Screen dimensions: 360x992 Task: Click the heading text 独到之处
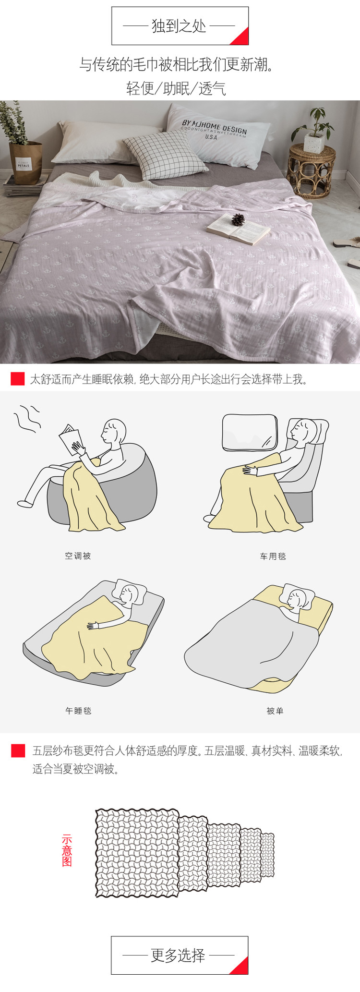[x=179, y=26]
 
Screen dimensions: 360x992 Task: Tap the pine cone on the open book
[x=238, y=219]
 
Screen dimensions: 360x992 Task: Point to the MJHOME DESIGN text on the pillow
[x=214, y=127]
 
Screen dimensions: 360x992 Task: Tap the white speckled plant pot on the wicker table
[x=314, y=143]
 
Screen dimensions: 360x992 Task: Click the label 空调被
[x=78, y=556]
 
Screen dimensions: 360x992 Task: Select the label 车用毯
[x=273, y=556]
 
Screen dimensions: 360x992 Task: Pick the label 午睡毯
[x=78, y=711]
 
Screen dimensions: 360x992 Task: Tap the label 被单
[x=275, y=711]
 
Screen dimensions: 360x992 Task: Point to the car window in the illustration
[x=250, y=433]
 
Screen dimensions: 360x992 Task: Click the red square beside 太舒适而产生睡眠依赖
[x=18, y=379]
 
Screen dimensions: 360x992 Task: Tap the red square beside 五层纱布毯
[x=18, y=750]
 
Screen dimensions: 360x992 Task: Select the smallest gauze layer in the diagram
[x=267, y=855]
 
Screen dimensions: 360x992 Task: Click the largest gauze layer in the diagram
[x=137, y=853]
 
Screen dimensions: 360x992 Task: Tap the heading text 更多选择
[x=178, y=956]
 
